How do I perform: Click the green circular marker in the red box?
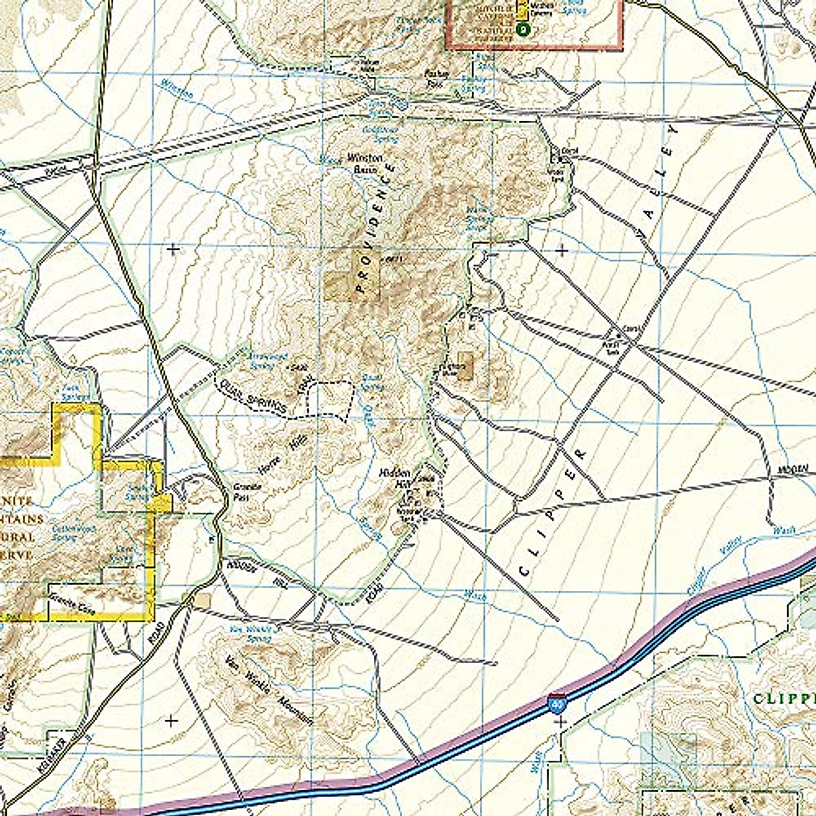pos(522,29)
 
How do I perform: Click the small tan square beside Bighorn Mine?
pos(466,360)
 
